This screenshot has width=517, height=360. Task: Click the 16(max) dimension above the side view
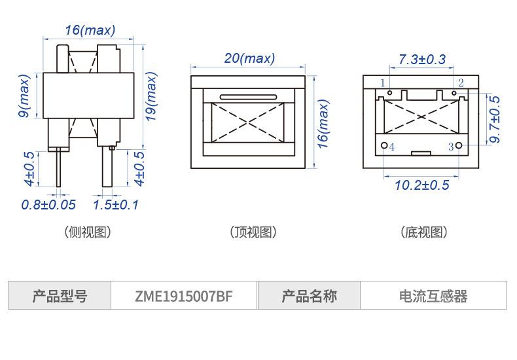[90, 30]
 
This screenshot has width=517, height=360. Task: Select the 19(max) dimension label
[151, 96]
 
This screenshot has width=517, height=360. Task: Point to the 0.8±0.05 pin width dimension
[48, 205]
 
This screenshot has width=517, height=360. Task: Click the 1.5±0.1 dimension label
[116, 205]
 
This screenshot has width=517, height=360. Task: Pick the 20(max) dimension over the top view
[249, 58]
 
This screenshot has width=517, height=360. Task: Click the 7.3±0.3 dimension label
[421, 60]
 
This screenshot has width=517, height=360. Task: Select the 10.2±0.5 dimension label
[421, 185]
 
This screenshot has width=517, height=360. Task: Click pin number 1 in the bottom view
[383, 83]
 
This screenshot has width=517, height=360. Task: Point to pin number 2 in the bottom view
[461, 83]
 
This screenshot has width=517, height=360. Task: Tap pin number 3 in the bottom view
[450, 147]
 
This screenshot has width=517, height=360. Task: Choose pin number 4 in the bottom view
[392, 147]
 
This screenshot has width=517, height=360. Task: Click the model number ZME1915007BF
[184, 297]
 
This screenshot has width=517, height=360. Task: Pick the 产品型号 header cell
[60, 297]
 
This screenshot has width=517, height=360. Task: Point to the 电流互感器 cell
[433, 297]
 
